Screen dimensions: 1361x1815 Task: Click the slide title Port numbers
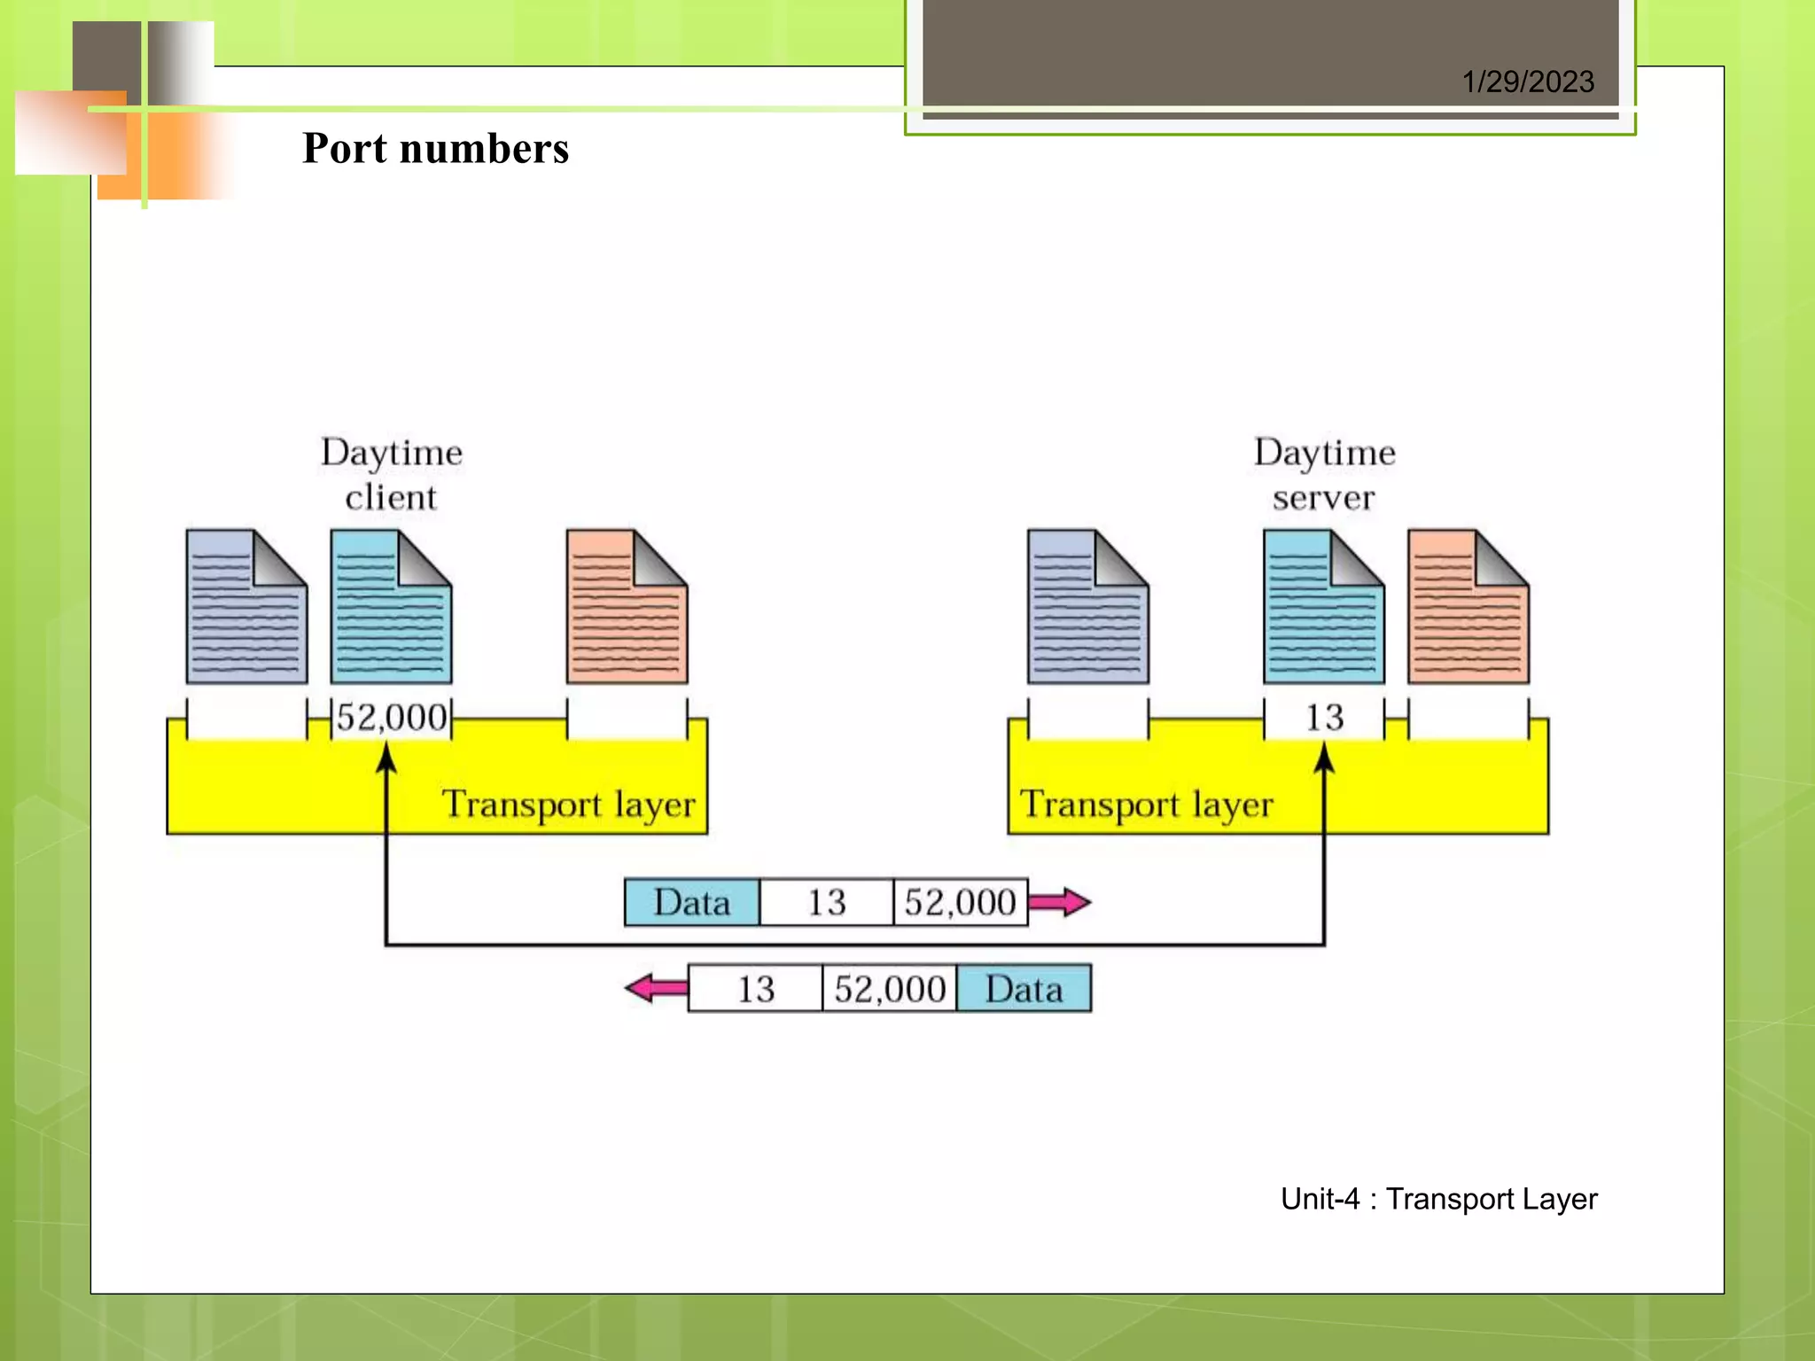coord(435,148)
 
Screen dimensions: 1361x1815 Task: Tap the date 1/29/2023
coord(1528,82)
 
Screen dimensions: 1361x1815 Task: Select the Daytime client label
coord(391,474)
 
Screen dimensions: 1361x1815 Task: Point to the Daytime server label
coord(1324,474)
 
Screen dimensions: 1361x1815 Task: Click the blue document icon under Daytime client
coord(391,607)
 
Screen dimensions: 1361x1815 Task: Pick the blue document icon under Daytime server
coord(1323,607)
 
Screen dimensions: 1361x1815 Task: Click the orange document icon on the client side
coord(627,607)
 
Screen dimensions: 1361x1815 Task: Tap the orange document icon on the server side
coord(1468,607)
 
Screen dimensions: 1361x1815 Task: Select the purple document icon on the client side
coord(246,607)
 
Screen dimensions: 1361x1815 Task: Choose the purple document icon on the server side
coord(1087,607)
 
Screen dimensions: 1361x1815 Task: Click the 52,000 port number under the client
coord(391,717)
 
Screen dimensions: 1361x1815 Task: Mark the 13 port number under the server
coord(1324,717)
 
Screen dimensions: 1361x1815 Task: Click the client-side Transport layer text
coord(568,805)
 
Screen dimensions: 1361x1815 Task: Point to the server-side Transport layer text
coord(1146,805)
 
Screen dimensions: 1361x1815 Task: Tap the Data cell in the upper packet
coord(692,902)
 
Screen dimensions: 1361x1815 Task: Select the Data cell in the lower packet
coord(1024,989)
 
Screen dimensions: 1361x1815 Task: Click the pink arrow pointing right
coord(1059,902)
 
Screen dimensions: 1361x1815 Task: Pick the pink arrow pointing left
coord(657,988)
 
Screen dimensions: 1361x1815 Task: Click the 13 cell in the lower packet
coord(755,989)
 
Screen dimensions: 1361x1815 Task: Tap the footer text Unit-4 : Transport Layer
coord(1438,1199)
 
